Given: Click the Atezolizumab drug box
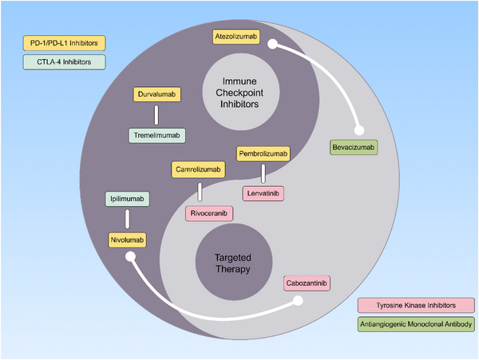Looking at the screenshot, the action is tap(236, 37).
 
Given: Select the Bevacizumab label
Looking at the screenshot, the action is tap(354, 148).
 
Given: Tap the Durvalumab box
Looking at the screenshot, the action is tap(156, 94).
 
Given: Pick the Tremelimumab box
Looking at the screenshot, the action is tap(156, 136).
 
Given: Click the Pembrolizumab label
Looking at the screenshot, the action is tap(263, 154).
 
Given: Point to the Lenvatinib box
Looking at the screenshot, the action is tap(263, 194).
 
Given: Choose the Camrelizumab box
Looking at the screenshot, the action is tap(198, 169).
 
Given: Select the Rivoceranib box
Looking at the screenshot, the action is tap(209, 213).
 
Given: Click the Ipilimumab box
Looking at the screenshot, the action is tap(127, 199).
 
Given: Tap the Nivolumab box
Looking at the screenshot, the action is tap(127, 240).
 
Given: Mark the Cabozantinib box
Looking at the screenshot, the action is tap(307, 283).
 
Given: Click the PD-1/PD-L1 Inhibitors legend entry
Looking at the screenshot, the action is tap(64, 43).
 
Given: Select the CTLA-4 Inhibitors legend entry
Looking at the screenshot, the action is tap(64, 62).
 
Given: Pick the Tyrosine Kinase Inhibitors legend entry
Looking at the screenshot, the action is tap(416, 306).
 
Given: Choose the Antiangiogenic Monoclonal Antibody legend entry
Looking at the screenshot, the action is tap(416, 324).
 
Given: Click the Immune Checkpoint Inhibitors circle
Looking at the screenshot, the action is tap(241, 92).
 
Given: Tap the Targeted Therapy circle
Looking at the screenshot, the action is tap(234, 263).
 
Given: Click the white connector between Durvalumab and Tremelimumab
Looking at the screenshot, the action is tap(156, 115).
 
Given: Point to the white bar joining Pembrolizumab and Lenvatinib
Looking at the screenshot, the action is tap(263, 174).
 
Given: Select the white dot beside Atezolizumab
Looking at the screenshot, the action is tap(273, 44).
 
